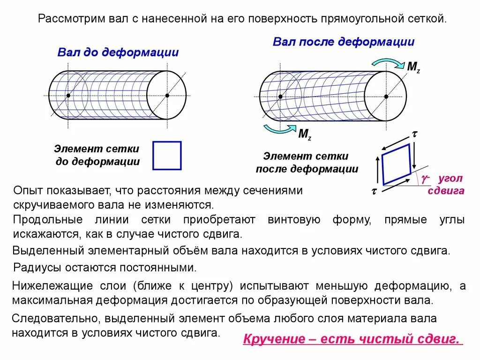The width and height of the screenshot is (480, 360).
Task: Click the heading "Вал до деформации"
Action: tap(118, 52)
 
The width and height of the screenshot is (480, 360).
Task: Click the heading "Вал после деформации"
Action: tap(344, 42)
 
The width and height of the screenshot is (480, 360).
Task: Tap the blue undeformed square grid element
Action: tap(167, 155)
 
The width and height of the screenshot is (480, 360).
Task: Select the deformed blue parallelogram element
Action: tap(397, 164)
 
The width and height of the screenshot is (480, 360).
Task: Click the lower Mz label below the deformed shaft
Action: tap(305, 135)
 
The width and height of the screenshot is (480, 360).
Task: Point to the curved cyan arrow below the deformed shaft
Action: tap(279, 129)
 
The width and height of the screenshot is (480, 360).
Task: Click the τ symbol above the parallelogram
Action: tap(414, 134)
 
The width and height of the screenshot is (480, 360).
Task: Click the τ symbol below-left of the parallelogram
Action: tap(374, 191)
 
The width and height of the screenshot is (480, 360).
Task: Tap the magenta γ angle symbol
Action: tap(425, 178)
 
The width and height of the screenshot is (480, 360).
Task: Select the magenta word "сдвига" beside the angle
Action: tap(446, 190)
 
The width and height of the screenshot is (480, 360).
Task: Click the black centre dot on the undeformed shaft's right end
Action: tap(167, 96)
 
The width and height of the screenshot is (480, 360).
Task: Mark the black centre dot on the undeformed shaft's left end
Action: tap(68, 96)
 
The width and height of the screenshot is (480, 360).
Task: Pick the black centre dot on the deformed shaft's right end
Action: tap(386, 96)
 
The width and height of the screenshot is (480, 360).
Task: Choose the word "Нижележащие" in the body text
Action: tap(48, 286)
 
